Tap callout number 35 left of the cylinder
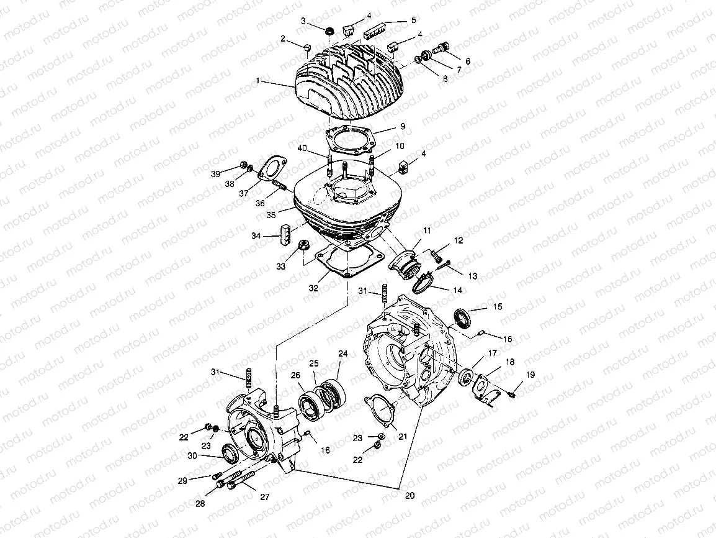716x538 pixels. coord(271,215)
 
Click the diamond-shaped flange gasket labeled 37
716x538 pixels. coord(272,169)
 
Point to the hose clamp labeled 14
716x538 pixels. coord(427,285)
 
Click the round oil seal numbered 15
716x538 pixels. coord(463,317)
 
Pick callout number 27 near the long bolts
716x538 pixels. coord(265,497)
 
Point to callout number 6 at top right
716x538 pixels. coord(467,62)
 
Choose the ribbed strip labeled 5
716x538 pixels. coord(378,28)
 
